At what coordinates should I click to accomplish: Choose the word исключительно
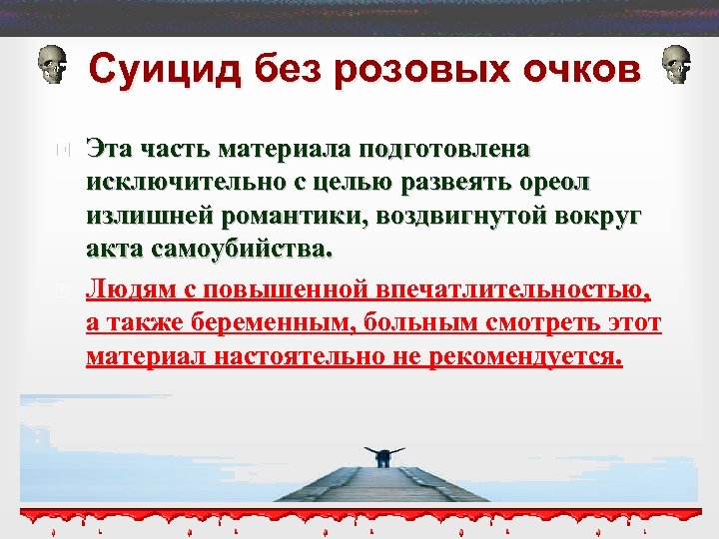click(x=177, y=184)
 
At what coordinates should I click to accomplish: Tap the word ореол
click(x=555, y=184)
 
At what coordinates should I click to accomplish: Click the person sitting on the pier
click(x=382, y=455)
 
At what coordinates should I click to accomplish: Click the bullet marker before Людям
click(x=62, y=291)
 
